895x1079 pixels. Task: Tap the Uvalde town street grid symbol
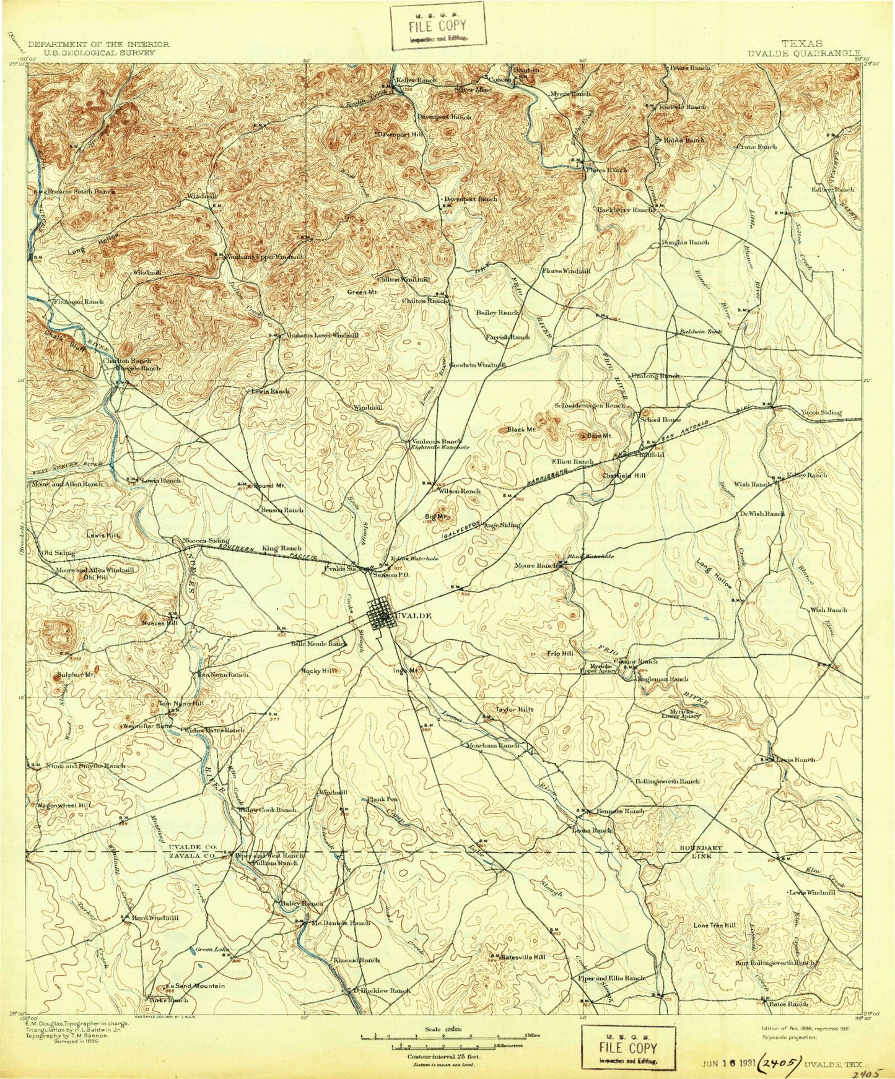coord(380,617)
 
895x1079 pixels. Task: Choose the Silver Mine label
coord(473,90)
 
